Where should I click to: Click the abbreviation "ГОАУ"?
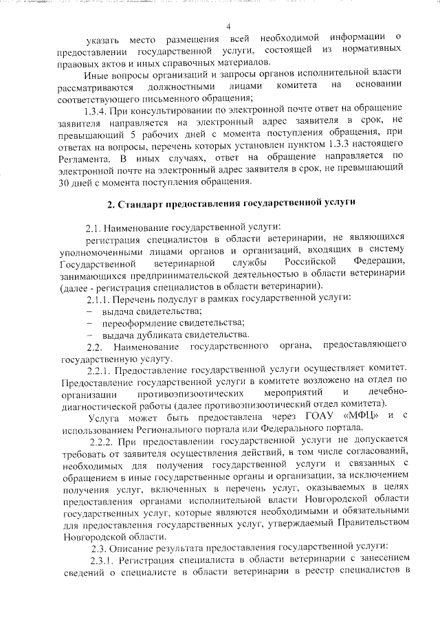313,417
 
